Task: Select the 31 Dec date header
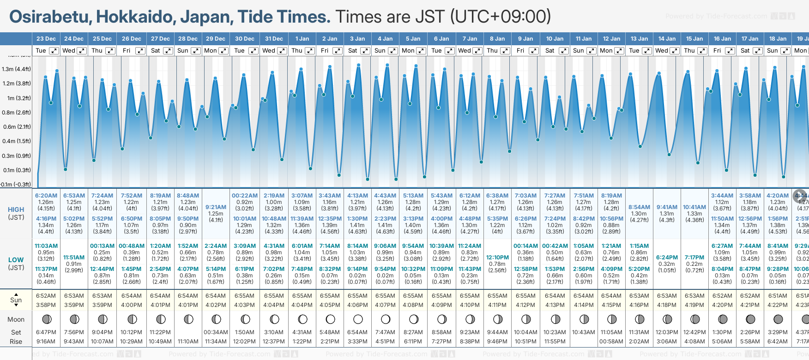[x=274, y=39]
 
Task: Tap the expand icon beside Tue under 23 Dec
[x=54, y=51]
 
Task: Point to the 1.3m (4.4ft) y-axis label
[x=16, y=69]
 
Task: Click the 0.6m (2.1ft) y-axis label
[x=16, y=126]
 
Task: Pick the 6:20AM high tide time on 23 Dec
[x=46, y=196]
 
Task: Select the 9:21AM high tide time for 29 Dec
[x=216, y=207]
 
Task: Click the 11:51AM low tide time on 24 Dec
[x=74, y=258]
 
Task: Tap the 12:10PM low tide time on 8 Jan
[x=497, y=258]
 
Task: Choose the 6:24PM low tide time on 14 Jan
[x=667, y=258]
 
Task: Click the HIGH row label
[x=16, y=210]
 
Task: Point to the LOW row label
[x=16, y=260]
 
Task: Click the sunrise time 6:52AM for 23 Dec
[x=46, y=296]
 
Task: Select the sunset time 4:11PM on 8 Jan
[x=497, y=305]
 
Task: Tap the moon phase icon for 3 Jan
[x=358, y=319]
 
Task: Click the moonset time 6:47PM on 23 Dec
[x=46, y=332]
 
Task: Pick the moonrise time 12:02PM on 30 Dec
[x=244, y=342]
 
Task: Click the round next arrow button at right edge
[x=800, y=196]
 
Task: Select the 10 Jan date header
[x=555, y=39]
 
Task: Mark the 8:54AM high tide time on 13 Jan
[x=639, y=207]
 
